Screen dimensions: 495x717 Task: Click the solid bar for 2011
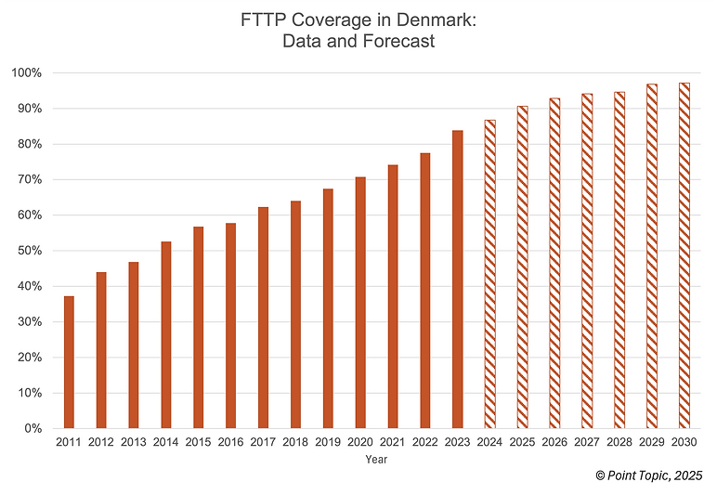pos(69,362)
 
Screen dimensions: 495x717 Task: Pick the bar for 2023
pos(458,279)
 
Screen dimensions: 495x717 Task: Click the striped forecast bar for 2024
pos(489,274)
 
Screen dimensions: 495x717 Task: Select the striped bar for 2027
pos(587,261)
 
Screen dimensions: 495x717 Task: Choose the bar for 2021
pos(393,296)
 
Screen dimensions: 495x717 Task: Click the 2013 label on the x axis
pos(134,443)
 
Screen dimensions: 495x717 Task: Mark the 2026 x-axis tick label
pos(554,443)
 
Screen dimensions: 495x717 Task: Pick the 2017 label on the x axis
pos(263,443)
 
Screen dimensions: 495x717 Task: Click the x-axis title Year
pos(376,460)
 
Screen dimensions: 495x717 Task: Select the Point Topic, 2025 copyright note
pos(649,475)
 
